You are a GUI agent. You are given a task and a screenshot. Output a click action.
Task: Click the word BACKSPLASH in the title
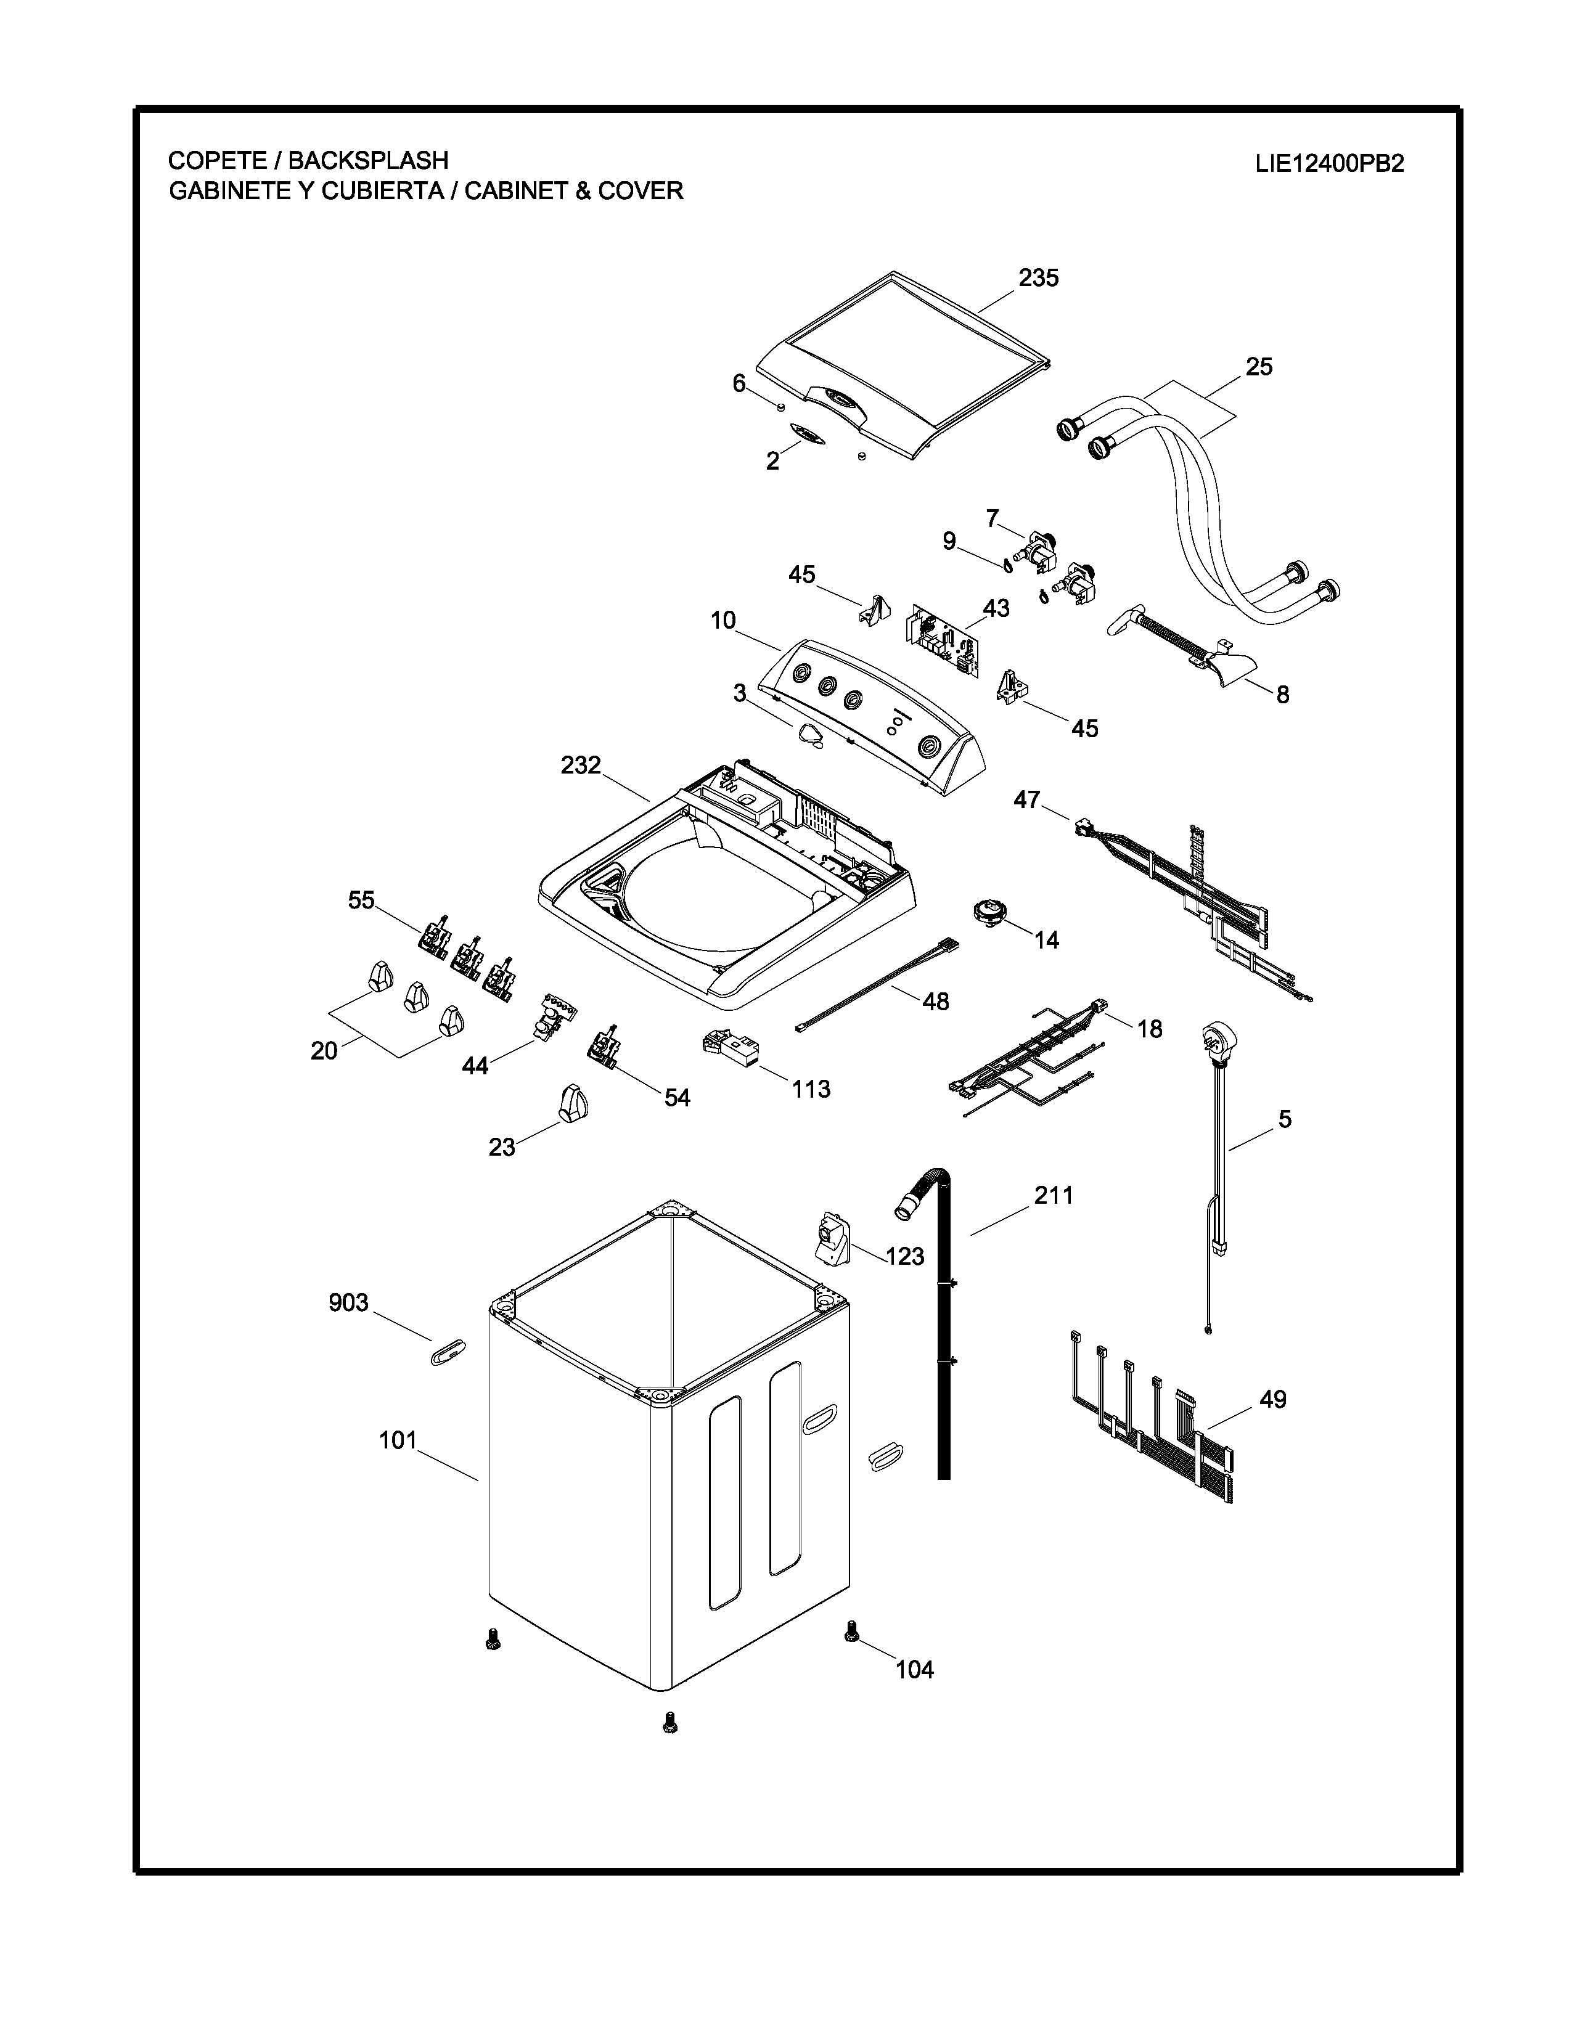368,160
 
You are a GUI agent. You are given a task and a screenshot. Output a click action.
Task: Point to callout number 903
348,1302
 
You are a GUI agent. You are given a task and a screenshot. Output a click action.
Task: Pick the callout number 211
1054,1195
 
